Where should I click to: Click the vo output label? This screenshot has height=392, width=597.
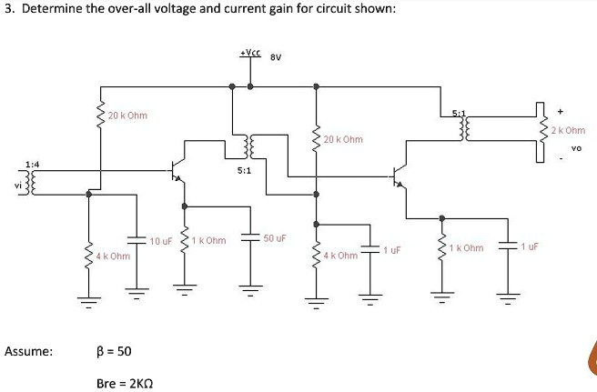pos(574,147)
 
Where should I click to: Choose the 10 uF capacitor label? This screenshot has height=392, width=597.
pos(161,241)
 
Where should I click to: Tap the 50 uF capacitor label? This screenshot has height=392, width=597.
pos(275,238)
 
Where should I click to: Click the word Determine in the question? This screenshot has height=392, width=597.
pos(54,9)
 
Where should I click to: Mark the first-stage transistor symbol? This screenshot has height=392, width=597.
pos(177,170)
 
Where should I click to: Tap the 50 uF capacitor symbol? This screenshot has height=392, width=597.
pos(250,238)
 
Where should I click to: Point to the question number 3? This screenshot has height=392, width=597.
pos(8,9)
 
